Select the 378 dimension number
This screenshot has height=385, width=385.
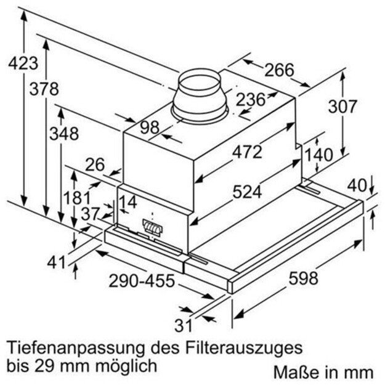tap(44, 89)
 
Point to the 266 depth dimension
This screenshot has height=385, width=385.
tap(279, 70)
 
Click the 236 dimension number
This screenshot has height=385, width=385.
tap(251, 99)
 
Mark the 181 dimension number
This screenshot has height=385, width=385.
tap(78, 199)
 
